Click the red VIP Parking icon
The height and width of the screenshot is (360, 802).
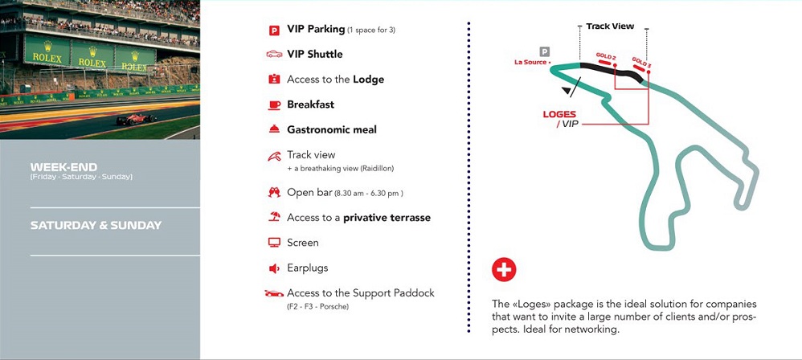(274, 31)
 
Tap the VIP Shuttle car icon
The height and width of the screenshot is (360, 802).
(274, 55)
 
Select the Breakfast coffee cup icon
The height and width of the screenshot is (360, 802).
(274, 104)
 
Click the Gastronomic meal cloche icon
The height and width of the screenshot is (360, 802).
(274, 129)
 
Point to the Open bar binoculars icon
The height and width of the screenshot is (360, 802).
(274, 193)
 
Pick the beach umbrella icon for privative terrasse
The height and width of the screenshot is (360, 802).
(274, 218)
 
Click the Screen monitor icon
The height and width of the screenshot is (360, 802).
(274, 243)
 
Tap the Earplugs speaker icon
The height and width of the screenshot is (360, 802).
(274, 268)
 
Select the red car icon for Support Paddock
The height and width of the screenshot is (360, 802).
(274, 293)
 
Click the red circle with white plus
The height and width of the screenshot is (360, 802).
(504, 270)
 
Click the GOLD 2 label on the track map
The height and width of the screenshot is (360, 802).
(606, 56)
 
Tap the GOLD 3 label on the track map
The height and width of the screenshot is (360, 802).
(641, 62)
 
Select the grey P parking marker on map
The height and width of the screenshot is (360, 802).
(545, 51)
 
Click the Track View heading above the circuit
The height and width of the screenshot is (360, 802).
(610, 27)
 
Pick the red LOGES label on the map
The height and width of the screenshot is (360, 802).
(559, 114)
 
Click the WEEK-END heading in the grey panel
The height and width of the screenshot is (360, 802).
(63, 167)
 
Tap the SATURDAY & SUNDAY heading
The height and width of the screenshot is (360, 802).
(96, 225)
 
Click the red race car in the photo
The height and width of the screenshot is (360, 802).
(137, 120)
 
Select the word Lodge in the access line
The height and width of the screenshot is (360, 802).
(369, 80)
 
